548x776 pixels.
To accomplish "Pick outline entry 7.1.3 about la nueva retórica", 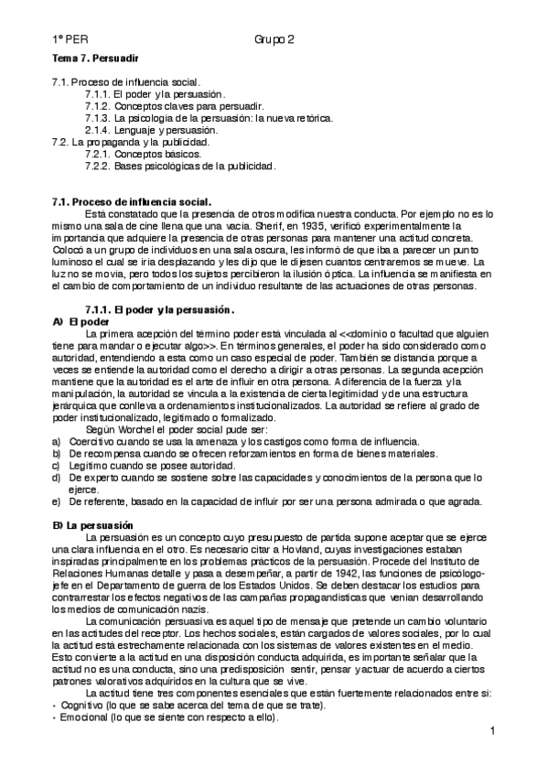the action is [x=208, y=118].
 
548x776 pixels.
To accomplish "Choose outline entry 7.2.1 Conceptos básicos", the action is [x=144, y=154].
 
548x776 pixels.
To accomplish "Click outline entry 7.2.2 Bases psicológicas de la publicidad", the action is [x=179, y=166].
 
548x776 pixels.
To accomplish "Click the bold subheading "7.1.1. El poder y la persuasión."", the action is [x=159, y=309].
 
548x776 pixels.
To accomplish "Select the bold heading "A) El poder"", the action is [x=81, y=321].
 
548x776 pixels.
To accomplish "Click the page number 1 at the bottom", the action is [x=491, y=731].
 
